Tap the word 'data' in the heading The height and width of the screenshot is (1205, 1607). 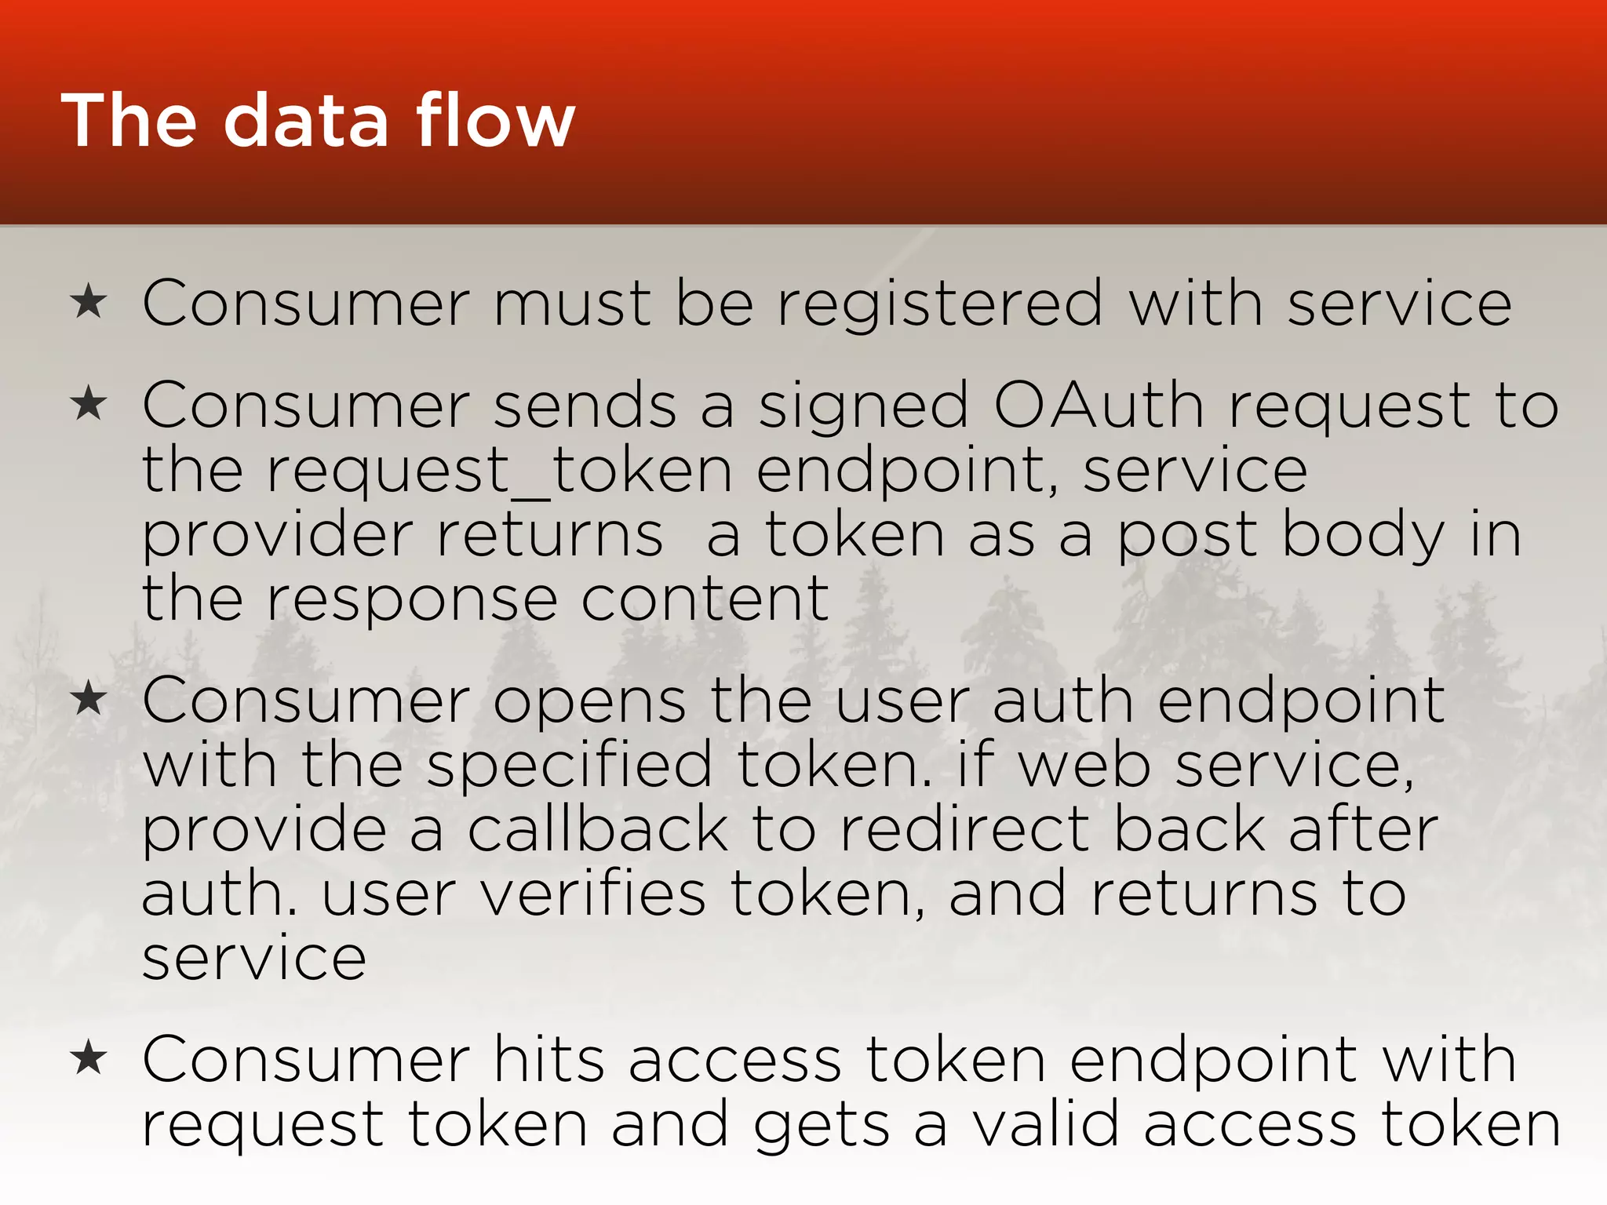[x=306, y=122]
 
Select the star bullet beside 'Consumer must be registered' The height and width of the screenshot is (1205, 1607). [x=88, y=303]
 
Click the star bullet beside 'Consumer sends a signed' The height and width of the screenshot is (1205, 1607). [x=88, y=405]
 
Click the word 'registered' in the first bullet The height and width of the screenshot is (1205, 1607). [x=941, y=304]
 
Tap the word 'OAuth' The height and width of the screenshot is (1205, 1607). [x=1099, y=405]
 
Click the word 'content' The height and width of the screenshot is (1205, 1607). [x=705, y=599]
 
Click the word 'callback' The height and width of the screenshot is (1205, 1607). [x=598, y=830]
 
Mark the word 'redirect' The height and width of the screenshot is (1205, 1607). [x=964, y=830]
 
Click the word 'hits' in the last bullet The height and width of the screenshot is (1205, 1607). [x=548, y=1059]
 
